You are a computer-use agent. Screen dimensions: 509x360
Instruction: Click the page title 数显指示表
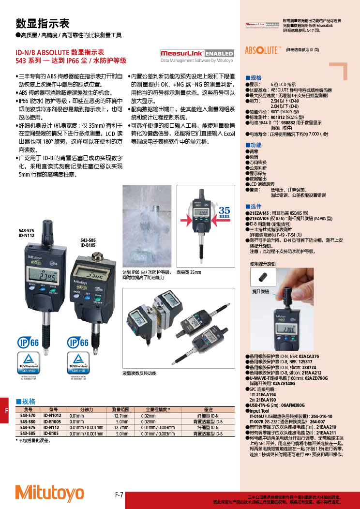click(43, 24)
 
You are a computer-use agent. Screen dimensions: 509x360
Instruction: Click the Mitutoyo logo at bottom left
click(49, 492)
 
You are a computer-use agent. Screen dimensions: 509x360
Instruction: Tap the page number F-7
click(119, 494)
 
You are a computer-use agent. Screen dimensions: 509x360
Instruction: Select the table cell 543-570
click(28, 416)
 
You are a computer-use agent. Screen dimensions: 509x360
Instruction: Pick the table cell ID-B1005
click(52, 422)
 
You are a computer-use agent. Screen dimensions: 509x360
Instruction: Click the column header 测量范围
click(120, 409)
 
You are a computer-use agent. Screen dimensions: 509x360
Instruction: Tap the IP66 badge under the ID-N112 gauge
click(29, 343)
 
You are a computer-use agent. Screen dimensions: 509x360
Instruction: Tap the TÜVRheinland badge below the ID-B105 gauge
click(77, 362)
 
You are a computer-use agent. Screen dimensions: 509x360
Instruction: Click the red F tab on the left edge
click(6, 411)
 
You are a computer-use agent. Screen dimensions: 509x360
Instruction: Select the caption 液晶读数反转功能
click(139, 374)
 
